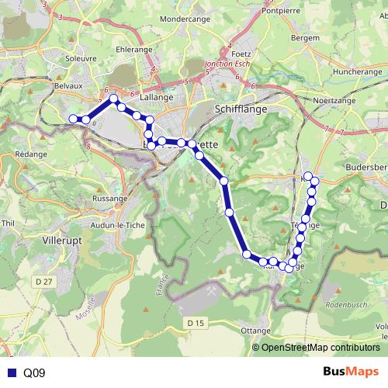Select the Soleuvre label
(x=80, y=58)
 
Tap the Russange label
(x=109, y=199)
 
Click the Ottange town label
(x=256, y=330)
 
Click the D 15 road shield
(x=196, y=322)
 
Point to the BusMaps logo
(x=352, y=372)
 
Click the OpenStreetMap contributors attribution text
(x=321, y=348)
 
